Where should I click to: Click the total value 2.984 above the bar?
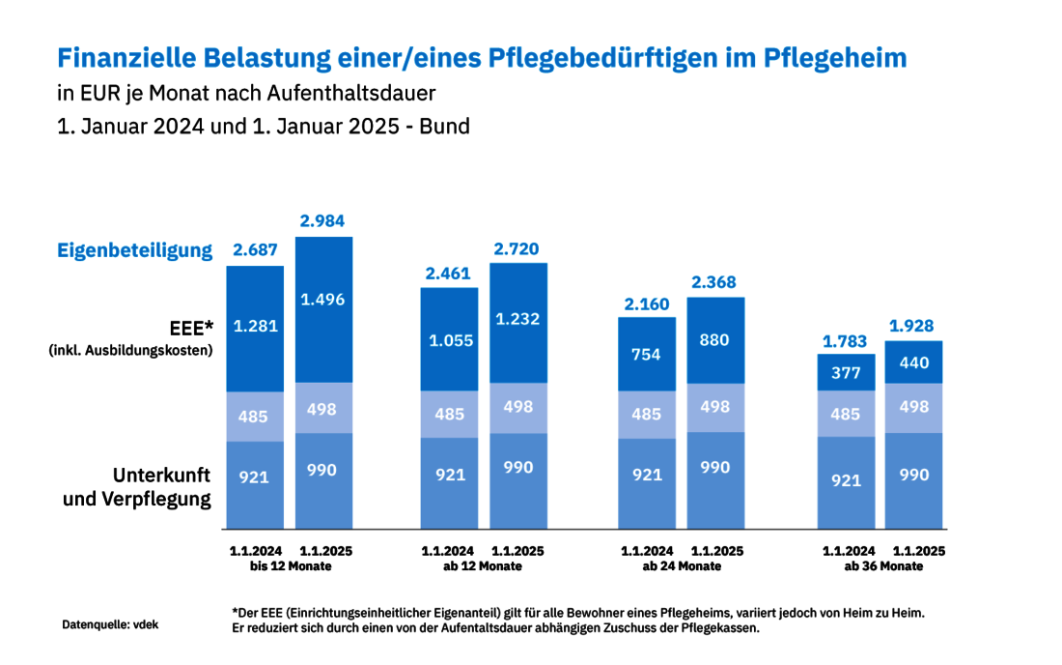323,222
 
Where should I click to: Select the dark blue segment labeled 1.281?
255,326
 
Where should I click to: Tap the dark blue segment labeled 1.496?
322,300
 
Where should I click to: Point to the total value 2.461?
449,273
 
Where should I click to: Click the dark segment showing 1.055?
449,339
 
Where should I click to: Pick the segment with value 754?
647,355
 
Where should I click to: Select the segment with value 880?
715,340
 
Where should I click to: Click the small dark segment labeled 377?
846,372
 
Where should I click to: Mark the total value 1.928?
913,326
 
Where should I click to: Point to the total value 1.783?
846,340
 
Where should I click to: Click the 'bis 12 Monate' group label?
290,566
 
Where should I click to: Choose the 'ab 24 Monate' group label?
682,566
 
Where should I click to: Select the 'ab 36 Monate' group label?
882,566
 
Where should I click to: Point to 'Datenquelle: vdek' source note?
110,624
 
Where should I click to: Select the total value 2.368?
715,282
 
